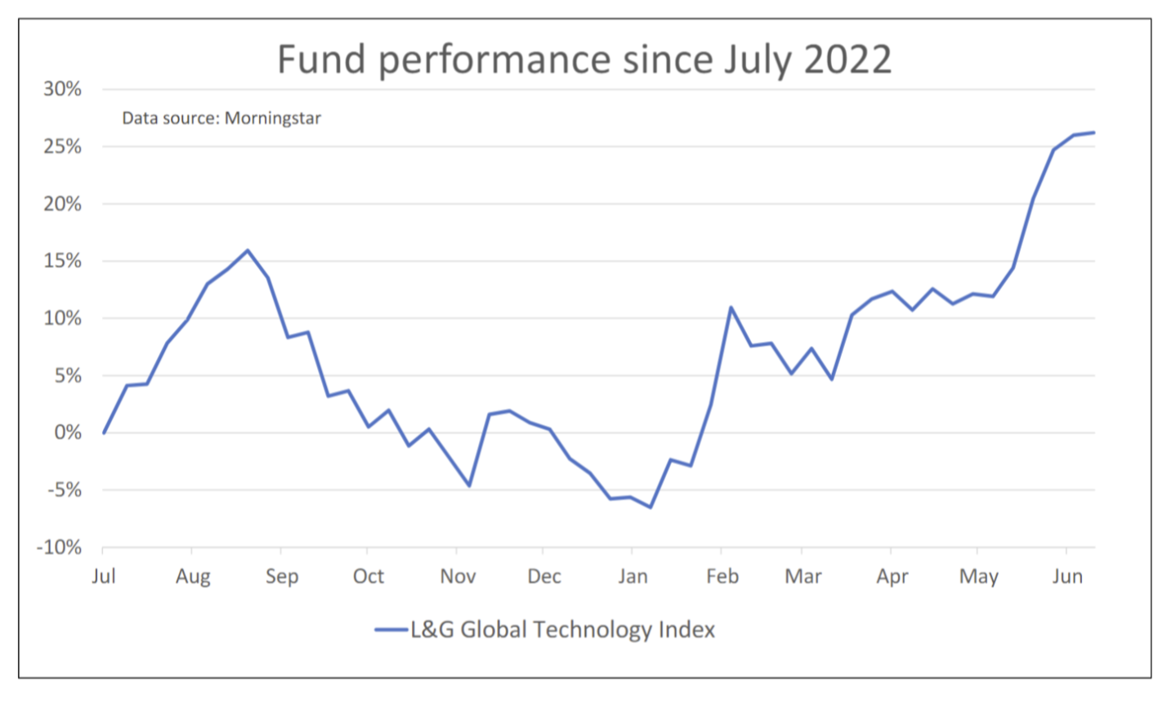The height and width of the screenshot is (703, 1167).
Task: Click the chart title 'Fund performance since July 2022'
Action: pos(583,59)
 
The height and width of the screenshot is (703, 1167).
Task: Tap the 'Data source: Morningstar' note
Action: pos(221,118)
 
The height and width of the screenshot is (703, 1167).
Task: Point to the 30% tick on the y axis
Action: pos(62,89)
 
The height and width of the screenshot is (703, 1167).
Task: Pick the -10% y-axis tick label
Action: pos(59,548)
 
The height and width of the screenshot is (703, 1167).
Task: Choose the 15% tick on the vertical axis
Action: pos(62,261)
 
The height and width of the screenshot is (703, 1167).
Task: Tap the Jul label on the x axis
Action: pos(104,576)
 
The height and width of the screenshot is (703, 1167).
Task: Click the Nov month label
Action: pos(458,576)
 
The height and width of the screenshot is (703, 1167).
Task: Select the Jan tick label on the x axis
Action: pos(633,576)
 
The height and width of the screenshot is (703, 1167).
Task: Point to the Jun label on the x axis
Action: pos(1067,576)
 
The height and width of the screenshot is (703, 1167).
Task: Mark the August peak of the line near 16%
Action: pos(248,250)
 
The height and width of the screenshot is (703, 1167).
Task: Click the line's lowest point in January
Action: pos(651,508)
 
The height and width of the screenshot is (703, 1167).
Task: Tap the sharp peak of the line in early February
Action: pos(731,307)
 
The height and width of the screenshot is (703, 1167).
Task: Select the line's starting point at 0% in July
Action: pos(104,432)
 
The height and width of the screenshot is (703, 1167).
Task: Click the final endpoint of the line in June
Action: pos(1093,132)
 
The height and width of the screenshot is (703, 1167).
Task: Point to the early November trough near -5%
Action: pos(469,486)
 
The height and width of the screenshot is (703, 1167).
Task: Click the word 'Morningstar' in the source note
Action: pos(273,118)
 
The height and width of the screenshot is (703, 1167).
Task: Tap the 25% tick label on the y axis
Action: pos(62,146)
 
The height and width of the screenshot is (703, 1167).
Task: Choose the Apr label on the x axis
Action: pos(892,576)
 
